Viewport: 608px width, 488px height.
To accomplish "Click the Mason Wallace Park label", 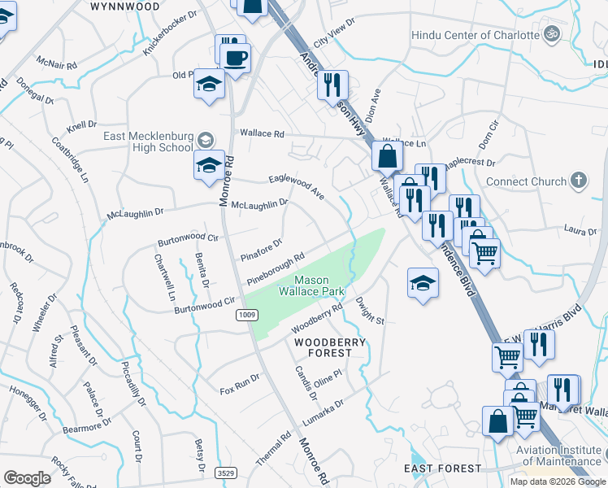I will pyautogui.click(x=312, y=285).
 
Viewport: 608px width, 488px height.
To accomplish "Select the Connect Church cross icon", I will pyautogui.click(x=578, y=180).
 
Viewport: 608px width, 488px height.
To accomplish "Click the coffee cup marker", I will pyautogui.click(x=236, y=58).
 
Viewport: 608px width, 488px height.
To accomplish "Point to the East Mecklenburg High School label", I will pyautogui.click(x=148, y=142).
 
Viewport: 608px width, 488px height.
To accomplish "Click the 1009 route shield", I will pyautogui.click(x=246, y=314).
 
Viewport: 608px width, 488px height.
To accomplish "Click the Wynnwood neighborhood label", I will pyautogui.click(x=124, y=6).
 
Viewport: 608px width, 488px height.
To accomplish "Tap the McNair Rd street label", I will pyautogui.click(x=57, y=63).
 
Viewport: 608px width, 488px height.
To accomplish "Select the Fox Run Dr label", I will pyautogui.click(x=240, y=385).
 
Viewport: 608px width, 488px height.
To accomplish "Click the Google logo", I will pyautogui.click(x=28, y=478).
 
